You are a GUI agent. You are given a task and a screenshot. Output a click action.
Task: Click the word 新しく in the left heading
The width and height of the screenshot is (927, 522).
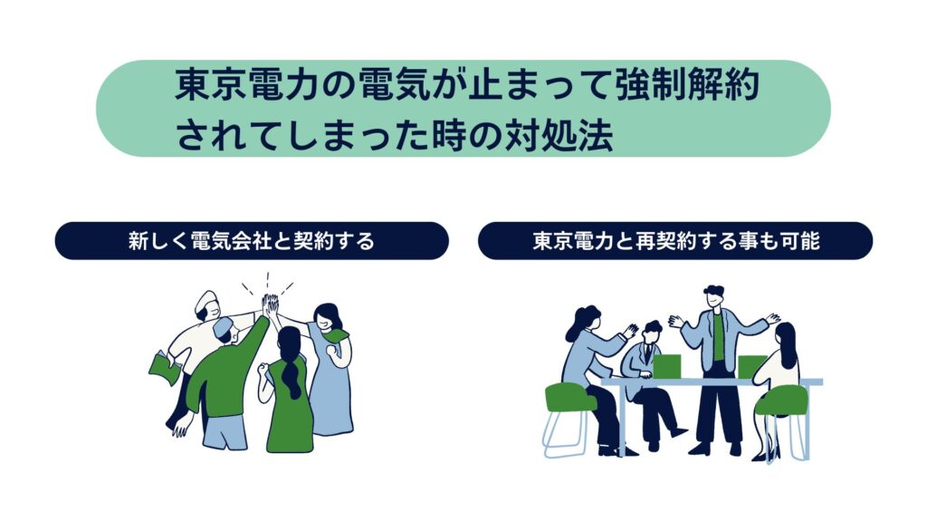(158, 241)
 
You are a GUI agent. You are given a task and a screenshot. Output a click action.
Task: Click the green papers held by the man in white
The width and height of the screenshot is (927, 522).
(165, 367)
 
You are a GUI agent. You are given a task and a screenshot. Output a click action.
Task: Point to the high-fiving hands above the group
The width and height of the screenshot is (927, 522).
(270, 304)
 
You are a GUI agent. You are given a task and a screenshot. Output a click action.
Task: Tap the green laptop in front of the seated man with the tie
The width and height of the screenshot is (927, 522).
(666, 366)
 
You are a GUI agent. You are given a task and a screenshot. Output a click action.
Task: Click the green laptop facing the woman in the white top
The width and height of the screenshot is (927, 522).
(750, 366)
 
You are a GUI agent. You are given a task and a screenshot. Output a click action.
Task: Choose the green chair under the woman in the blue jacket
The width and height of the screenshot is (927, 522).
(570, 398)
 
